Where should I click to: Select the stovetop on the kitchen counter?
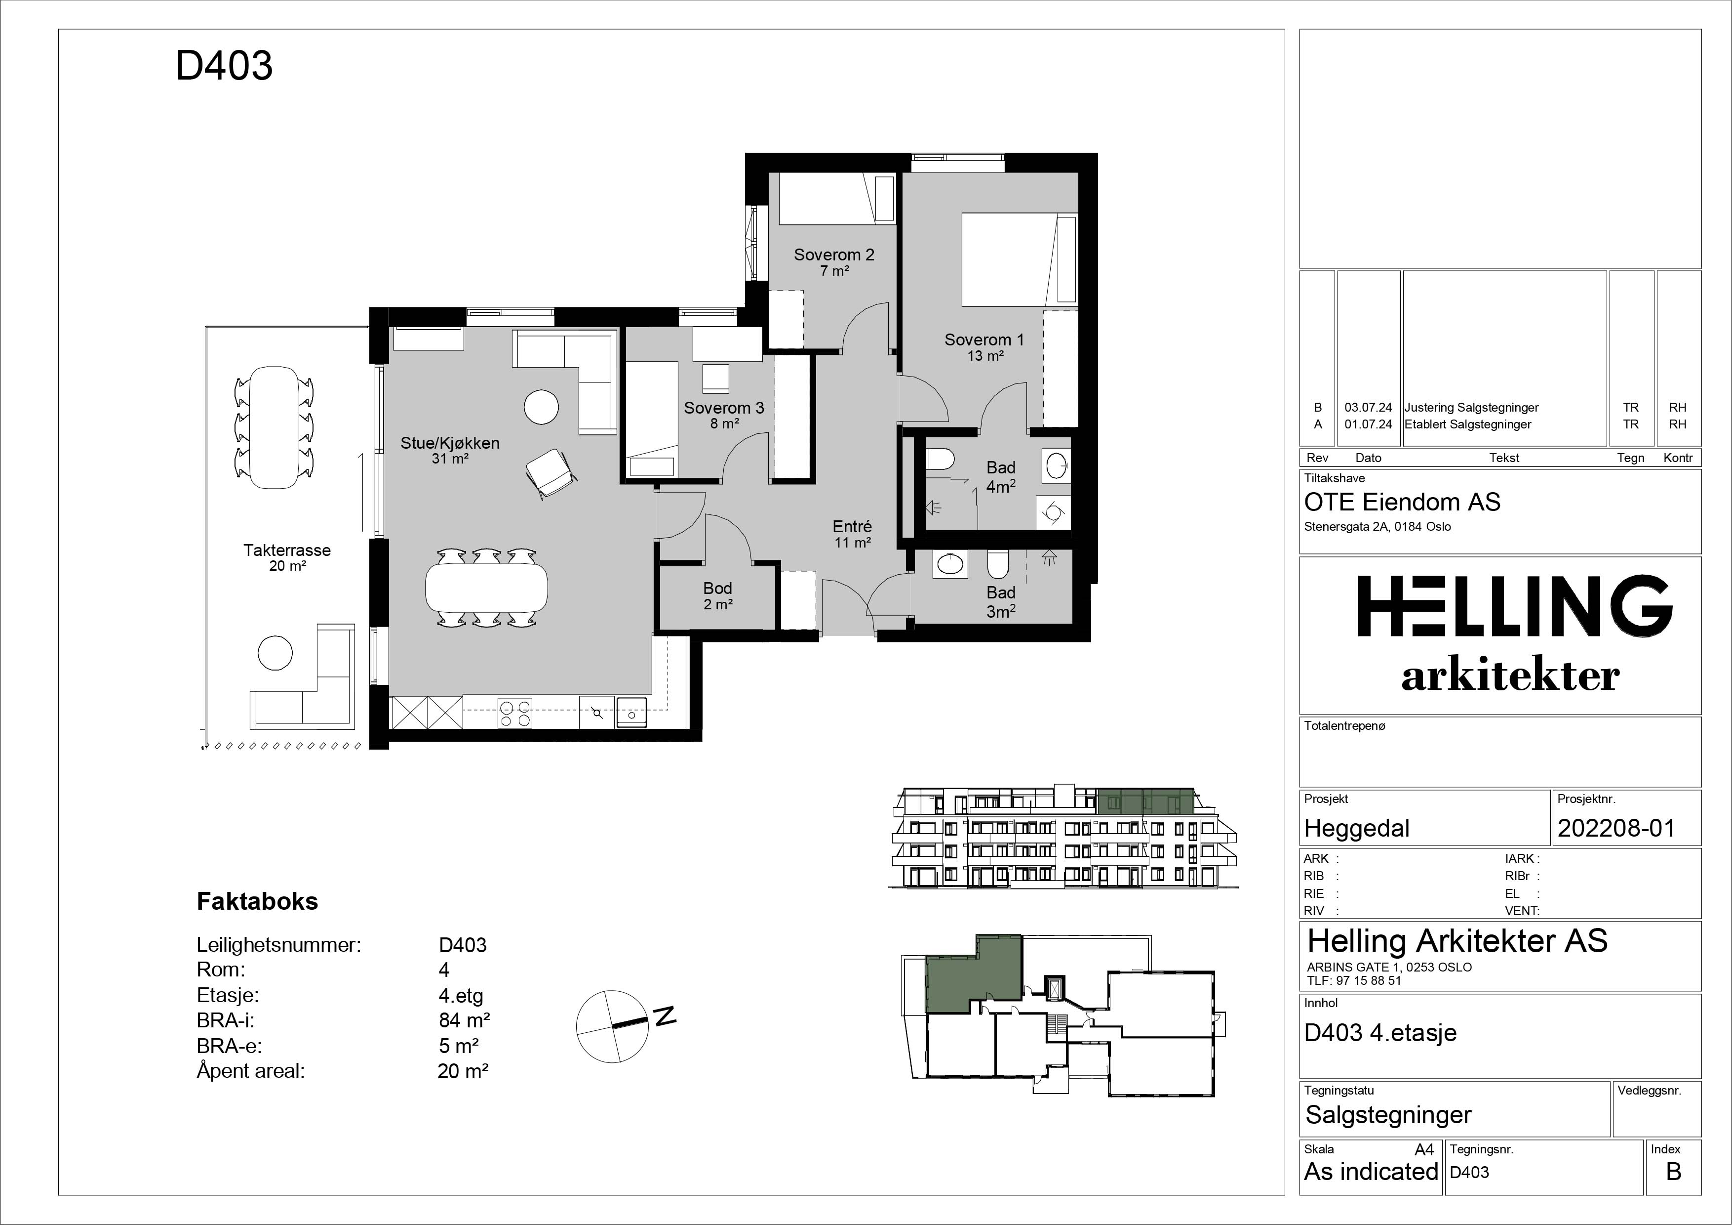click(x=514, y=713)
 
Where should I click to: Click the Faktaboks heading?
click(x=257, y=901)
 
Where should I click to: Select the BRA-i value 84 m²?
click(x=465, y=1020)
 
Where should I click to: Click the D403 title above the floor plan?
click(x=224, y=66)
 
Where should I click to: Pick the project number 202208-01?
click(x=1616, y=829)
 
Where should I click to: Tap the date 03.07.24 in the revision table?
click(x=1369, y=408)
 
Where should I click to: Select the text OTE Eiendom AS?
click(x=1402, y=502)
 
